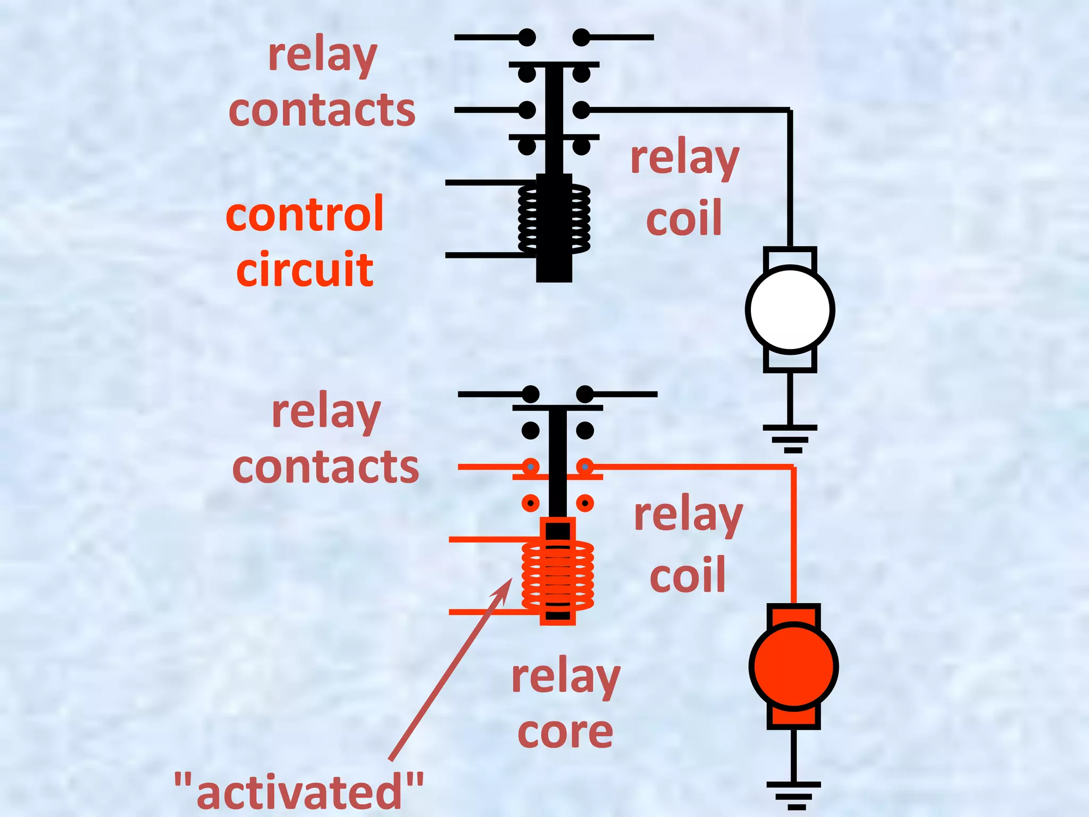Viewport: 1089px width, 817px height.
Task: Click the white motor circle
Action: pyautogui.click(x=790, y=310)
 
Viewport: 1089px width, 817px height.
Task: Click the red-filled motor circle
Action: pyautogui.click(x=793, y=666)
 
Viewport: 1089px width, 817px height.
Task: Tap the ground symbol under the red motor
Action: pyautogui.click(x=793, y=795)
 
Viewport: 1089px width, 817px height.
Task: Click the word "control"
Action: pyautogui.click(x=304, y=214)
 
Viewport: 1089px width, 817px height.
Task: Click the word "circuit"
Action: pyautogui.click(x=305, y=270)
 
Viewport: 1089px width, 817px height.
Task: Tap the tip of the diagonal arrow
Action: pyautogui.click(x=511, y=580)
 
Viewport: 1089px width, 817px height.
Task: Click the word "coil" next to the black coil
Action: pyautogui.click(x=684, y=218)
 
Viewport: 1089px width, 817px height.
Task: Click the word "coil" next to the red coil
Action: pyautogui.click(x=688, y=575)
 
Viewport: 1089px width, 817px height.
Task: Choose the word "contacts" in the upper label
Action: pyautogui.click(x=322, y=110)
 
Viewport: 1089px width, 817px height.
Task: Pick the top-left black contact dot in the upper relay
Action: pyautogui.click(x=527, y=38)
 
